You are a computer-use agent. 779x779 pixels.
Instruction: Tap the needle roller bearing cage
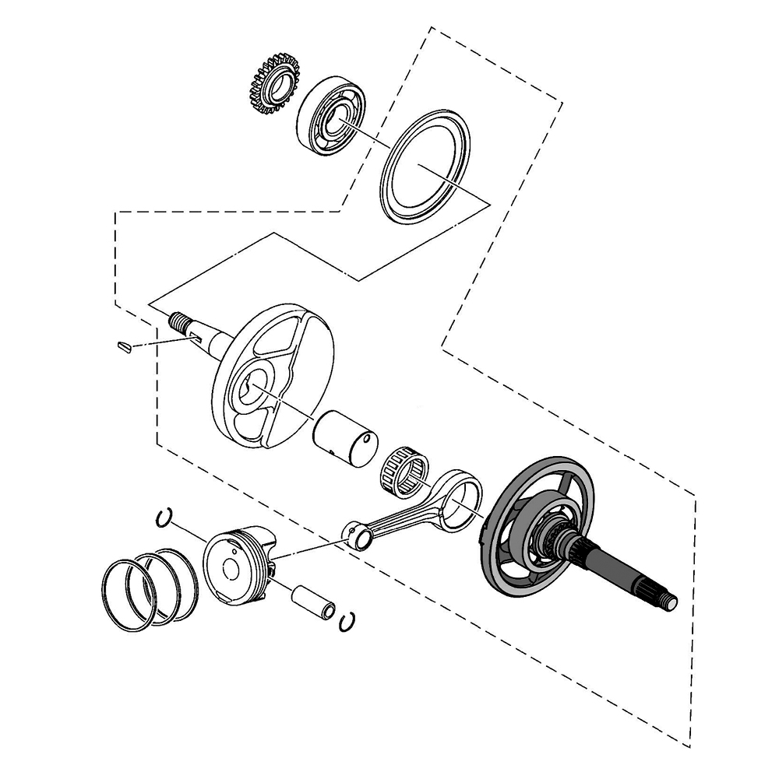click(404, 470)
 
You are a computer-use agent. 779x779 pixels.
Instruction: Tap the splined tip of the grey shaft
click(668, 600)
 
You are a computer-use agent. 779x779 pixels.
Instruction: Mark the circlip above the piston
click(164, 518)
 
